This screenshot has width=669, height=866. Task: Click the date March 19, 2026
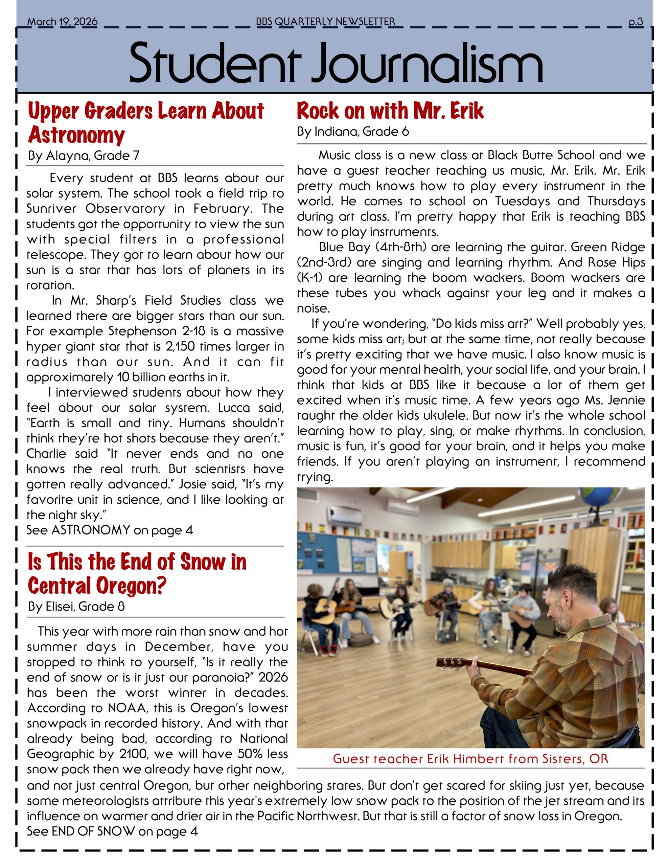pyautogui.click(x=62, y=22)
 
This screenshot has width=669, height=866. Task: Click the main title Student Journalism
pyautogui.click(x=336, y=64)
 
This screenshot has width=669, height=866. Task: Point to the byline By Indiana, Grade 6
pyautogui.click(x=352, y=132)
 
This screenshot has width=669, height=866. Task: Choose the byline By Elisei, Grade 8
pyautogui.click(x=76, y=606)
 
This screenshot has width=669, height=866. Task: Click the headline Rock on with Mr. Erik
pyautogui.click(x=390, y=111)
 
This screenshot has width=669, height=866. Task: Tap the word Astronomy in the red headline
pyautogui.click(x=76, y=135)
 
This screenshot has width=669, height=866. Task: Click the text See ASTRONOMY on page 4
pyautogui.click(x=110, y=530)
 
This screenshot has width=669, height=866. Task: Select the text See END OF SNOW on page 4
pyautogui.click(x=112, y=831)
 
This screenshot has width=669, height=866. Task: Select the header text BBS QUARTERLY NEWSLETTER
pyautogui.click(x=326, y=22)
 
